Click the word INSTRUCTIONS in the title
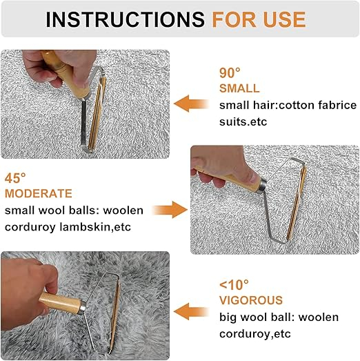[125, 19]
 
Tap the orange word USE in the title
[284, 19]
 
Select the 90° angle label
[230, 72]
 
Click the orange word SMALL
[239, 88]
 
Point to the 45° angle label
[15, 178]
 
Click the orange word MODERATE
[39, 193]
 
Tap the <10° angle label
[234, 285]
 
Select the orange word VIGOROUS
[251, 300]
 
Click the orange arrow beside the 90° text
[191, 104]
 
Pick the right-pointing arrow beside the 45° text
[170, 210]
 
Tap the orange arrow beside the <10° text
[191, 311]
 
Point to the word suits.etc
[243, 121]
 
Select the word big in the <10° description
[228, 318]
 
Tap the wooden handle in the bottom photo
[60, 302]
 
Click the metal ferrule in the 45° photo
[262, 186]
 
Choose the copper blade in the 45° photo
[297, 203]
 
